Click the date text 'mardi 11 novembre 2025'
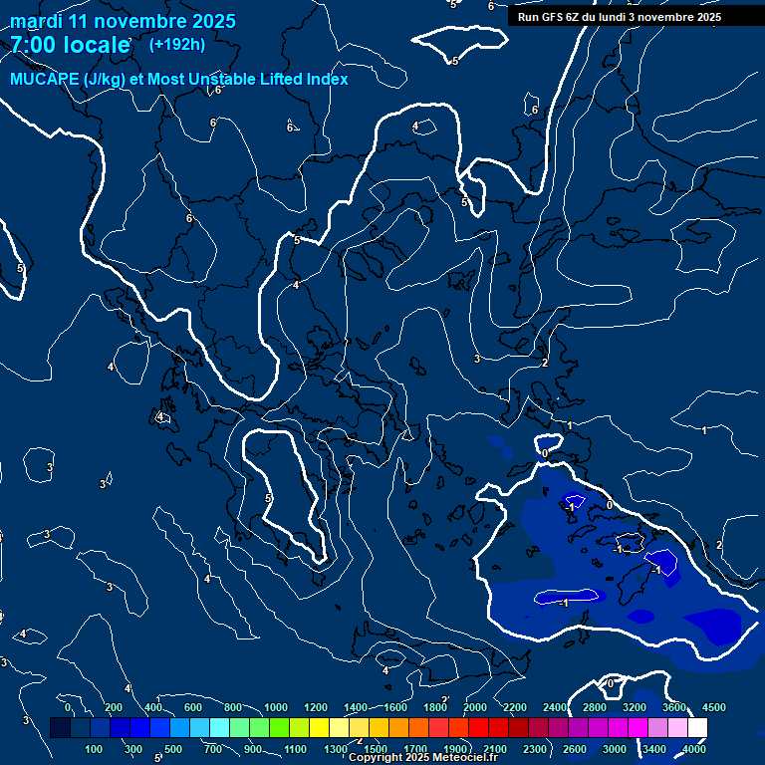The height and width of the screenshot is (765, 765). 123,21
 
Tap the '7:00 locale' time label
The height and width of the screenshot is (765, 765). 70,44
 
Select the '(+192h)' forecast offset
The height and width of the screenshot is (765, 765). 177,44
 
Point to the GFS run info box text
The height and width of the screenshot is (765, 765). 620,17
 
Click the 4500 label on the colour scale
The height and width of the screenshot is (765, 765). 714,707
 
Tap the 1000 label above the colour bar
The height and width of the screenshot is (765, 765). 276,707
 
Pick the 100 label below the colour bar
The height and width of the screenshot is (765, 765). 95,749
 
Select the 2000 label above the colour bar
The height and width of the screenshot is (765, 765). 475,707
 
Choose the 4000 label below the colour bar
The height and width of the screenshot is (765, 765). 694,749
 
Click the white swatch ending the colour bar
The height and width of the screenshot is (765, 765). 697,728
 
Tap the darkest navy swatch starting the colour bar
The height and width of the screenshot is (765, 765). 60,728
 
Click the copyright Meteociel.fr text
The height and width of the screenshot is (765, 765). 422,758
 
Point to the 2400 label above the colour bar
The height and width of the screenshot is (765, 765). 554,707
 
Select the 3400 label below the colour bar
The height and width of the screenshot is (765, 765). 653,749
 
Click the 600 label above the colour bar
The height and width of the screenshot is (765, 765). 193,707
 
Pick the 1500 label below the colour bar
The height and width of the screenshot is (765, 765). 376,749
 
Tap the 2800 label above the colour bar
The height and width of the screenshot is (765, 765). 594,707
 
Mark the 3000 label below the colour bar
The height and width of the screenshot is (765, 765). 615,749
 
